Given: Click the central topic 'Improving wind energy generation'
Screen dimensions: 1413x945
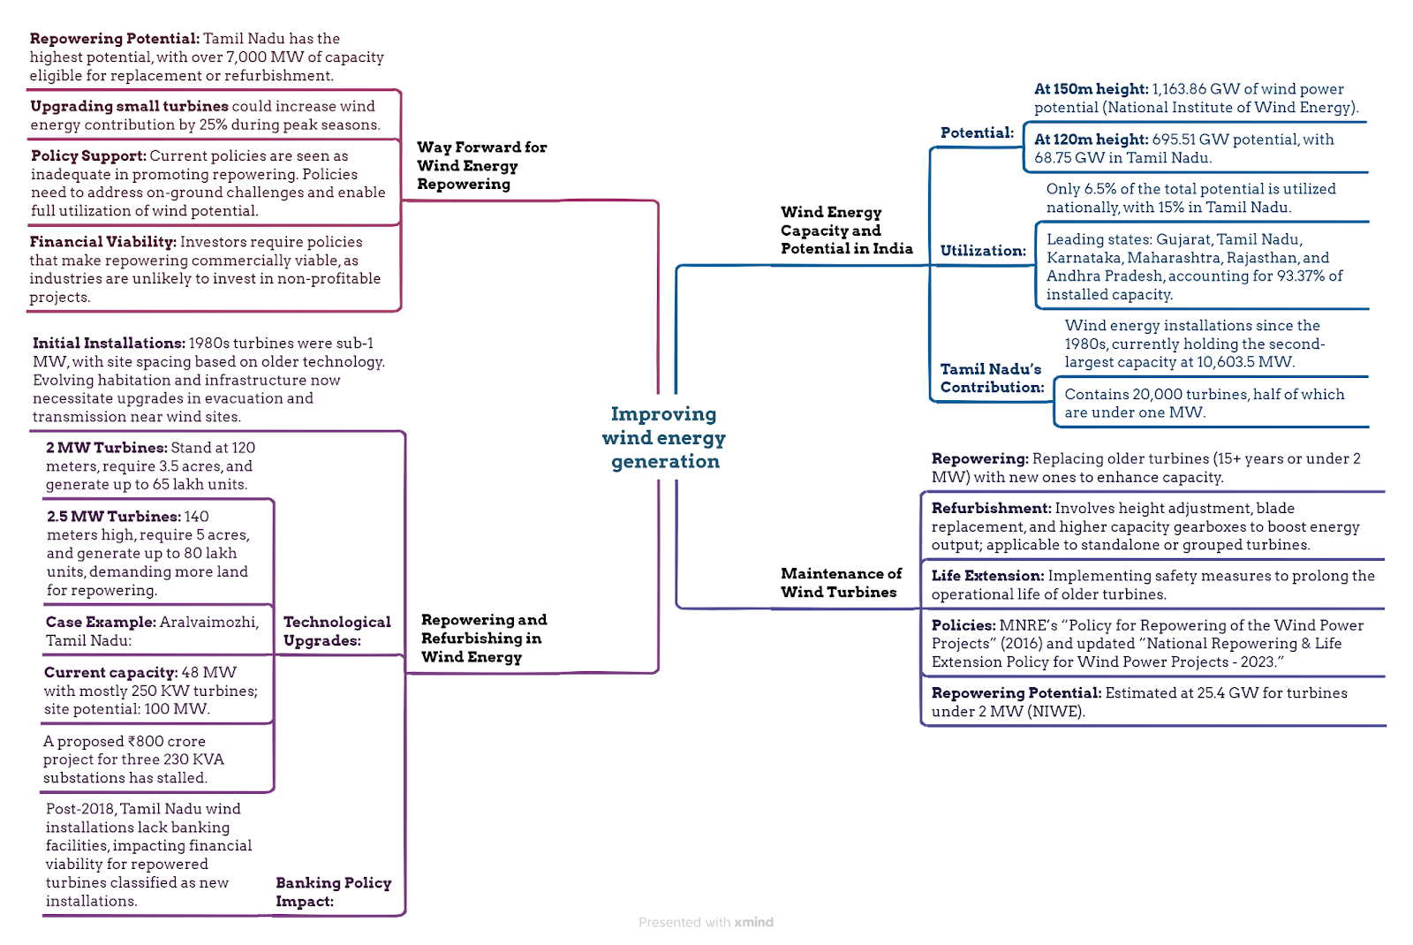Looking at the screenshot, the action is click(x=664, y=437).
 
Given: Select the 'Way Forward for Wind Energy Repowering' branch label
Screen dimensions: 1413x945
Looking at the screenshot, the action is click(x=481, y=165).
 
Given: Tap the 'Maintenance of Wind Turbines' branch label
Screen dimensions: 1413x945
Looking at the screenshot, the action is click(x=841, y=582).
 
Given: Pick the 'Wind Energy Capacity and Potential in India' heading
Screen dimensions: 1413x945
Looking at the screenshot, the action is click(x=847, y=231).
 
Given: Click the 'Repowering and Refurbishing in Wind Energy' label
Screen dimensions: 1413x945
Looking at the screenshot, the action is click(x=484, y=638).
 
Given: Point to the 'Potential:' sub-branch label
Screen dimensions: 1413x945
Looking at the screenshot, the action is click(x=977, y=132).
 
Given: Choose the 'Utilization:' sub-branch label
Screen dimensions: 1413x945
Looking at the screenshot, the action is click(x=983, y=251).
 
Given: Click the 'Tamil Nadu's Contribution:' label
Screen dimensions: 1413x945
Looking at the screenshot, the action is click(x=992, y=377).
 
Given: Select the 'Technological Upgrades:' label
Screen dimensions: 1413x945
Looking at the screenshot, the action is click(x=336, y=631).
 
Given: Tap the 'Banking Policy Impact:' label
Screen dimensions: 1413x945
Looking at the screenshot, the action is click(x=333, y=891).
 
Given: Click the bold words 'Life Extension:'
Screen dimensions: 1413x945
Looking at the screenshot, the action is click(x=988, y=575).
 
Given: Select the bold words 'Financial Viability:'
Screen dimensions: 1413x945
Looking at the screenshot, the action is click(x=102, y=242).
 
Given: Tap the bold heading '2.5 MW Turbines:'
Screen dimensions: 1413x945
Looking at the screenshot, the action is click(x=114, y=516).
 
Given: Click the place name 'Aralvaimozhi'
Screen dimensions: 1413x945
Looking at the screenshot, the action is click(x=209, y=622).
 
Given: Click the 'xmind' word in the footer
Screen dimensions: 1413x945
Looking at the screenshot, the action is click(x=753, y=922).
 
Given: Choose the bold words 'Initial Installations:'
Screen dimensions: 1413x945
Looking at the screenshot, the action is click(x=110, y=344).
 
